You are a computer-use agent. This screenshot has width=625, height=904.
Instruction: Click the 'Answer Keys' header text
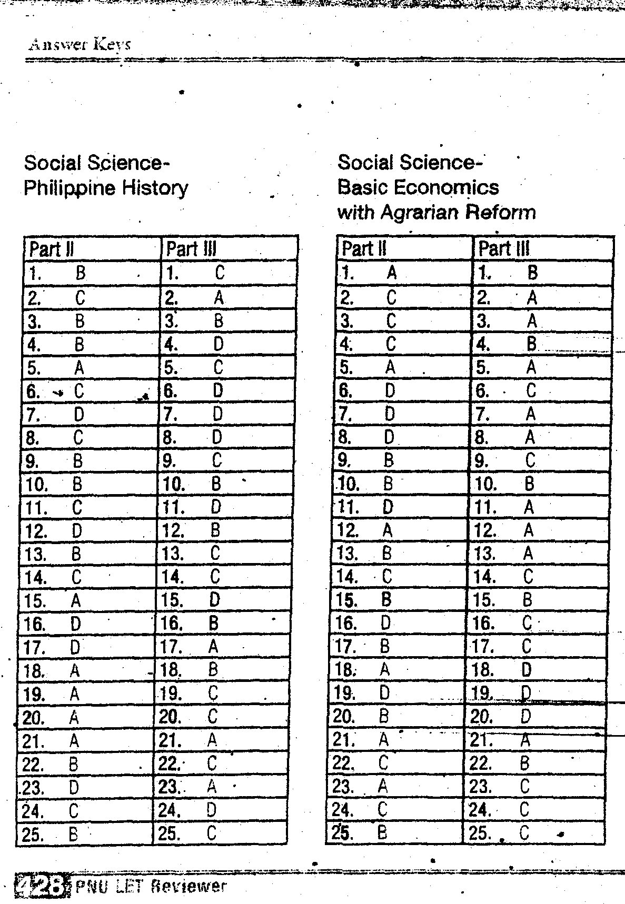click(x=79, y=44)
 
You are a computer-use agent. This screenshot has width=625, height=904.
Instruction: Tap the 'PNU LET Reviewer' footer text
click(x=151, y=887)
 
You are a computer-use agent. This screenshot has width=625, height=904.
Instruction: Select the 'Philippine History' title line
click(x=106, y=188)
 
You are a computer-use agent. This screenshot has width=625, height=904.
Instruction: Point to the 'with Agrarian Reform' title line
click(x=436, y=213)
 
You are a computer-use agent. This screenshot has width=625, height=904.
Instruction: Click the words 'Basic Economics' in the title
click(x=418, y=187)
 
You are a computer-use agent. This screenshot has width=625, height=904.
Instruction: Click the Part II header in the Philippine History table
click(x=52, y=249)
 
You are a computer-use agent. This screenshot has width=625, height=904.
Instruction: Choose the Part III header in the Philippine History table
click(x=191, y=249)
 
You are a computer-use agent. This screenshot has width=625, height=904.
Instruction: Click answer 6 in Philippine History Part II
click(x=78, y=391)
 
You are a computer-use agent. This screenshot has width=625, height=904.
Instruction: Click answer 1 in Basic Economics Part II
click(x=392, y=273)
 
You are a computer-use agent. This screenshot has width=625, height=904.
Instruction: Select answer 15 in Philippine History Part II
click(x=76, y=600)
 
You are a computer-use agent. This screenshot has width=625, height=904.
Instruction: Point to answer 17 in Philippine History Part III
click(x=213, y=646)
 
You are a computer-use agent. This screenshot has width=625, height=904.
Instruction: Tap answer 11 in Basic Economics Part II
click(x=388, y=507)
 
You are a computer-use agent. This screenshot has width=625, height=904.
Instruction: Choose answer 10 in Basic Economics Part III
click(x=529, y=484)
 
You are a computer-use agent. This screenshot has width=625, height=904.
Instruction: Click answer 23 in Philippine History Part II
click(x=74, y=787)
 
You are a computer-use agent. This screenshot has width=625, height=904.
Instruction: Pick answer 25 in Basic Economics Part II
click(x=383, y=832)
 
